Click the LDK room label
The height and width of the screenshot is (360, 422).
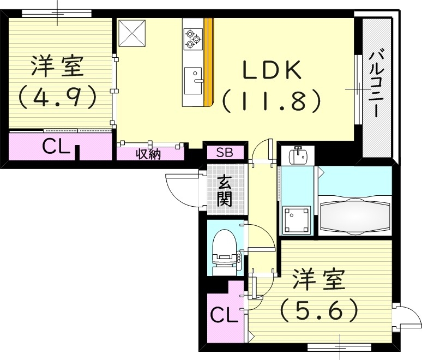click(x=271, y=71)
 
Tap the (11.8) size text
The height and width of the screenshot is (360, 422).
click(x=271, y=100)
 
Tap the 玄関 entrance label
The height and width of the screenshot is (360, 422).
click(x=224, y=191)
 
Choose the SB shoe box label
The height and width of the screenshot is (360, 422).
click(x=224, y=152)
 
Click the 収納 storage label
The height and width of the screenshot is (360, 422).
click(x=148, y=154)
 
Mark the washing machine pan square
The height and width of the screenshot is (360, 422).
click(x=297, y=220)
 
